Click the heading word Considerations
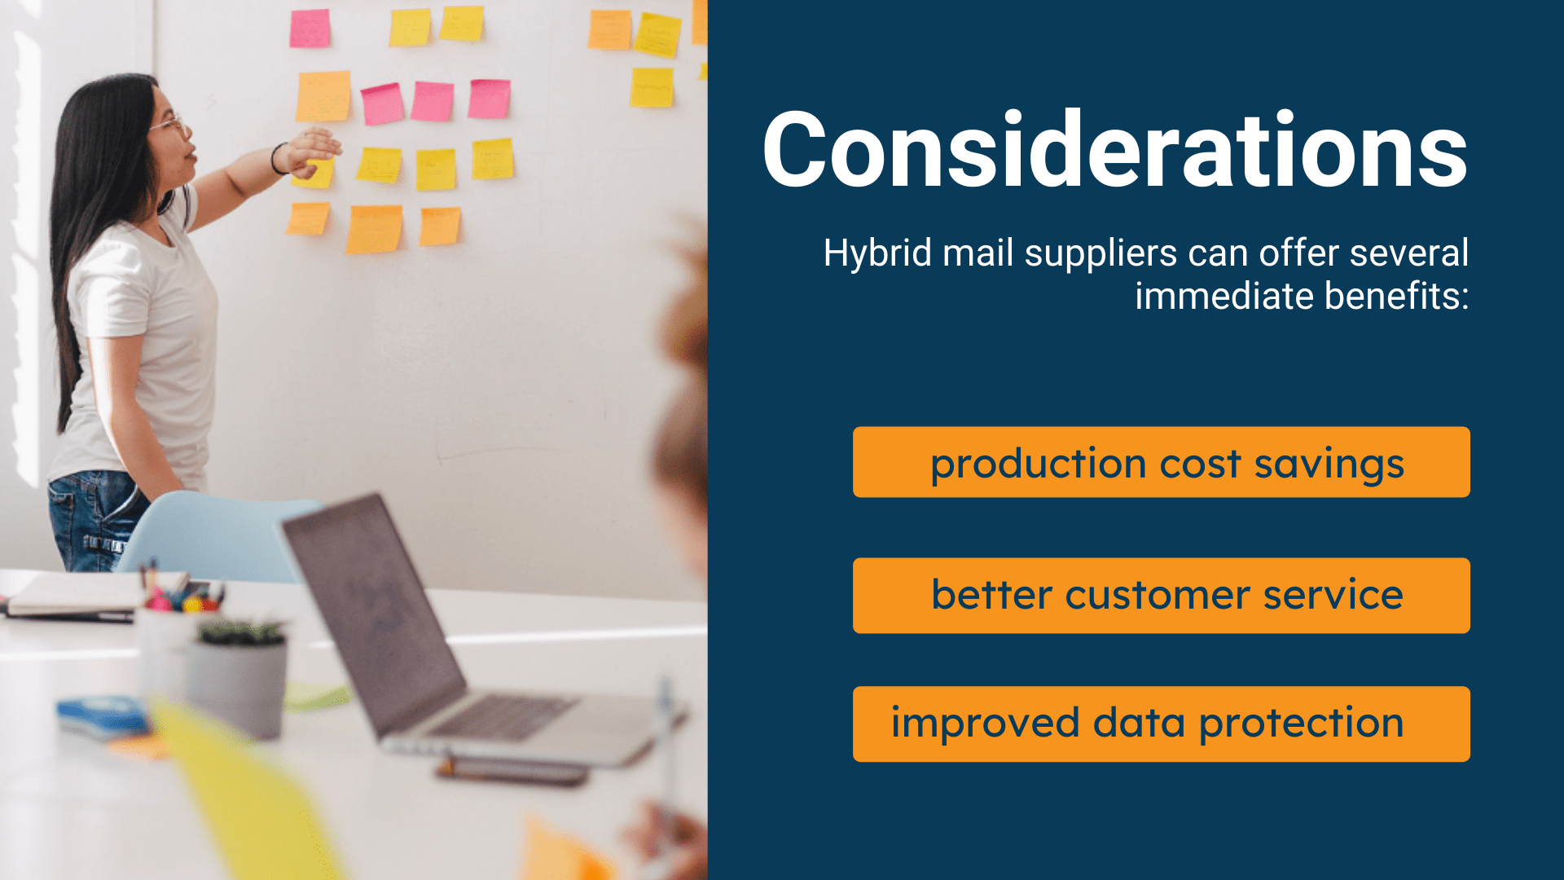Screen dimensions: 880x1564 pos(1114,152)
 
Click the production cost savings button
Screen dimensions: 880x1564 pos(1161,462)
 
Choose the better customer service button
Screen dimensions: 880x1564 pos(1161,596)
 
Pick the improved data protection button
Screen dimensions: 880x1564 pos(1161,724)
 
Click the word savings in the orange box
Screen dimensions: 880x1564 pos(1329,464)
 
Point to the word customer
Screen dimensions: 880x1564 pos(1157,596)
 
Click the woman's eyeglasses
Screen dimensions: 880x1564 pos(169,125)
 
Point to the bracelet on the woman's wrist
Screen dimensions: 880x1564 pos(278,158)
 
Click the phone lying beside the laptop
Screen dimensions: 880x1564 pos(513,770)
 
